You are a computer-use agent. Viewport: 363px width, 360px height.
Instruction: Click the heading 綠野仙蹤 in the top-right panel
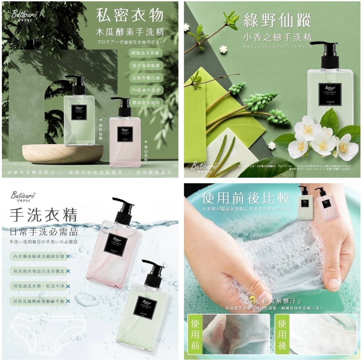point(277,21)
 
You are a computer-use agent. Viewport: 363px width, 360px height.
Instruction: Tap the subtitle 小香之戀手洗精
point(277,37)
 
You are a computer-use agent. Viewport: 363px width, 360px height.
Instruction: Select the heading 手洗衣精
point(43,214)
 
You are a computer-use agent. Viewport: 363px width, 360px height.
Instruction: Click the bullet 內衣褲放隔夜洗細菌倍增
point(37,256)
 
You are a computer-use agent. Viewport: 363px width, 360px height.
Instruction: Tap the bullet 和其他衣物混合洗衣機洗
point(37,271)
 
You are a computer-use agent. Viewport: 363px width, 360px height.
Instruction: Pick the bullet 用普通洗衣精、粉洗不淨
point(37,286)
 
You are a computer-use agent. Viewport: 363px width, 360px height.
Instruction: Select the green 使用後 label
point(282,334)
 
